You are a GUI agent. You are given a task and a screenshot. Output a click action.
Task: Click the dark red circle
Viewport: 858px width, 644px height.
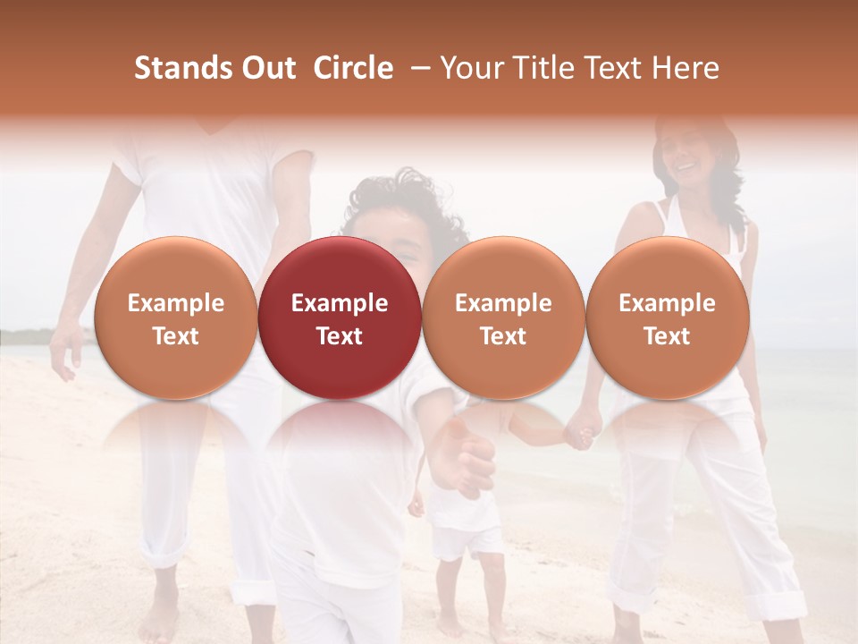point(339,318)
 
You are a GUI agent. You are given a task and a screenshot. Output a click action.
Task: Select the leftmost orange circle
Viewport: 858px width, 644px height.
point(175,318)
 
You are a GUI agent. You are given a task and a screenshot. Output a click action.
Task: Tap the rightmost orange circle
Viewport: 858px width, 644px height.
point(667,318)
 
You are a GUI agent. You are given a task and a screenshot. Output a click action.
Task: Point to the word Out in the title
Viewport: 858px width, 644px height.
point(265,68)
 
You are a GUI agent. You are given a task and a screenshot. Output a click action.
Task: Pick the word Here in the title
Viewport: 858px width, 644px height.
point(685,68)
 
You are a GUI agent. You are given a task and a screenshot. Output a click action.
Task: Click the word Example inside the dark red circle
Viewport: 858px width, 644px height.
point(339,303)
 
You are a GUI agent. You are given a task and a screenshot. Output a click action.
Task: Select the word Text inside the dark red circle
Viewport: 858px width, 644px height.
point(339,336)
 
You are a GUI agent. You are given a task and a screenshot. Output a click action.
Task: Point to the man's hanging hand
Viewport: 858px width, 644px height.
point(64,353)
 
